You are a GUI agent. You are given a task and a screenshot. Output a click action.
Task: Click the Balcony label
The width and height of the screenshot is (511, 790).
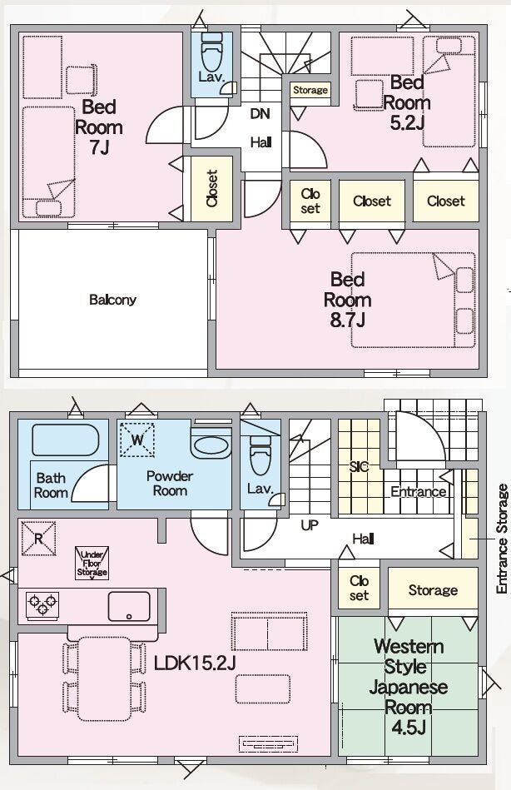(x=112, y=300)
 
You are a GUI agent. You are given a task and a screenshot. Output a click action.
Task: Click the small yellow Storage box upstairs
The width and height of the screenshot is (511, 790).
(x=310, y=90)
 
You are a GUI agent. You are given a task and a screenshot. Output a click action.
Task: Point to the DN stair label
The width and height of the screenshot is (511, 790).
(x=260, y=113)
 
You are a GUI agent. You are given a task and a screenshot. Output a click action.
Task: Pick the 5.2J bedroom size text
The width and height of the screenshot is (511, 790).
(x=407, y=122)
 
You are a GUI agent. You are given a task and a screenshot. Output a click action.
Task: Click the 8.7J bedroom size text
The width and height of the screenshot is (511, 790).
(x=347, y=320)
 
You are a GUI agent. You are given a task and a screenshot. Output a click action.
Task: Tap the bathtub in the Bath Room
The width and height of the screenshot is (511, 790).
(x=66, y=440)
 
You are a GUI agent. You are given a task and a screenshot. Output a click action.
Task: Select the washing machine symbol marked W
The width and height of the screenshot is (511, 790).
(x=137, y=440)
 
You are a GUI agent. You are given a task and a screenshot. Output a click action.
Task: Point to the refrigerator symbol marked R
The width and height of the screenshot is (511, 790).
(x=38, y=539)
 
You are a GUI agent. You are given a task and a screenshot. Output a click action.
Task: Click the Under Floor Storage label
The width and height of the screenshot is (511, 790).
(x=92, y=564)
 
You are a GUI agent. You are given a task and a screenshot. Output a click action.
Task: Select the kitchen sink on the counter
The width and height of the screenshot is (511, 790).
(x=129, y=607)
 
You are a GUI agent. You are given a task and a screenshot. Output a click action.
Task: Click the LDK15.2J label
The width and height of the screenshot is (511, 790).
(x=195, y=663)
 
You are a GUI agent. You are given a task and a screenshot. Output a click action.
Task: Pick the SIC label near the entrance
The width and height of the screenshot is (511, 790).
(x=359, y=466)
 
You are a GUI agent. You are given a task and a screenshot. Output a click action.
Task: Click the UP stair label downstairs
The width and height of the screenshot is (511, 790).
(x=310, y=525)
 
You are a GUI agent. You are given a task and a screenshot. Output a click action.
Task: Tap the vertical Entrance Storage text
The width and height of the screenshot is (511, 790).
(x=502, y=539)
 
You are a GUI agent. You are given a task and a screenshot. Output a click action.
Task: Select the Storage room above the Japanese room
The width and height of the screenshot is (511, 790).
(x=433, y=589)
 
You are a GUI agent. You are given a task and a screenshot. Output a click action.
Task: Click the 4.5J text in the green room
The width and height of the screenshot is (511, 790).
(x=408, y=728)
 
